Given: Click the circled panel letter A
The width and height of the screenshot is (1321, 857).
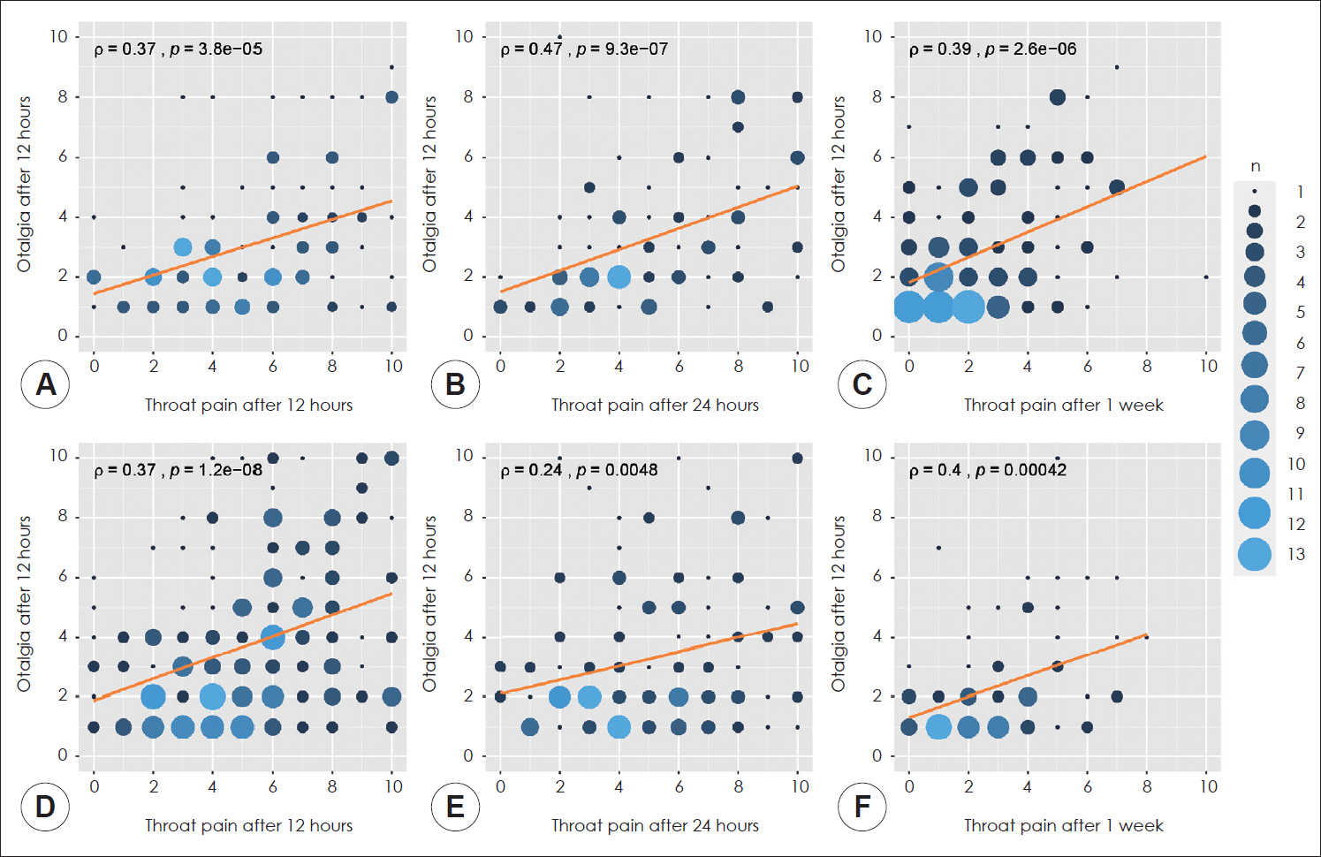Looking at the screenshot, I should click(45, 384).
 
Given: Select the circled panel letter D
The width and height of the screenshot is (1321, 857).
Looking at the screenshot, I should click(45, 806).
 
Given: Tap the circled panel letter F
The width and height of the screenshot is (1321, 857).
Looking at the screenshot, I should click(862, 806).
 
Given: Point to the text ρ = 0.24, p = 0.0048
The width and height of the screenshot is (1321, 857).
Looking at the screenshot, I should click(579, 470).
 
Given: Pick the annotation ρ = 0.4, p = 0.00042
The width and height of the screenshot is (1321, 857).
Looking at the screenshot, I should click(987, 470).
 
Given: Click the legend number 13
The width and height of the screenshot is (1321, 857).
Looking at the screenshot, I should click(1295, 554).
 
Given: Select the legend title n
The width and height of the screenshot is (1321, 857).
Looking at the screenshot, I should click(1255, 166).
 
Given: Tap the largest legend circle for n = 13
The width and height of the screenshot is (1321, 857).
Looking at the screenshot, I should click(1255, 554).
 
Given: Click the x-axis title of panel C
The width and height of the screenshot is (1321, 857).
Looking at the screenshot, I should click(1063, 405).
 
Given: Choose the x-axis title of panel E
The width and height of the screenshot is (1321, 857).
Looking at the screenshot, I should click(655, 825).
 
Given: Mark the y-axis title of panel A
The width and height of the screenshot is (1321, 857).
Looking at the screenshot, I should click(24, 184).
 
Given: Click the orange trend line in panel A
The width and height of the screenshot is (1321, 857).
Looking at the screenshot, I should click(243, 247).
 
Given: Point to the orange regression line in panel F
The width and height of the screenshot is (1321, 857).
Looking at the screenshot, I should click(1028, 676).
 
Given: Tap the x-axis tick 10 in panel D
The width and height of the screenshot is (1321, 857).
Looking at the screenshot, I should click(393, 786).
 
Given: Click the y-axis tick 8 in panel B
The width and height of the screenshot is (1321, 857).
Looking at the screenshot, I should click(468, 96).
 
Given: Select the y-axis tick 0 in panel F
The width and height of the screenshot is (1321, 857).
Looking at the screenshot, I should click(877, 755).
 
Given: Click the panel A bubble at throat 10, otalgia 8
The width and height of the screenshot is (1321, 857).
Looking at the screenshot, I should click(391, 97).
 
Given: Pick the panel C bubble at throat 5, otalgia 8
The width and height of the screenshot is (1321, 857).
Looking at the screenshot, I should click(1057, 97).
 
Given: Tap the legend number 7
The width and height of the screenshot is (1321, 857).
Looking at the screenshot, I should click(1299, 373).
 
